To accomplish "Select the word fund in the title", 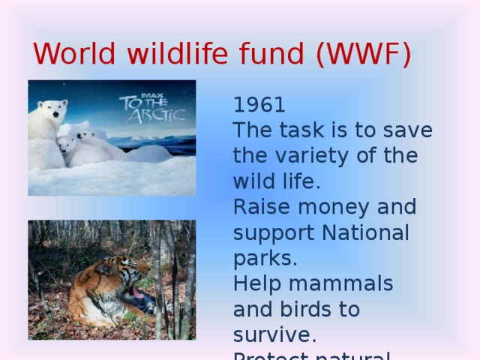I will (x=271, y=55).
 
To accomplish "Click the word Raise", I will (x=258, y=206).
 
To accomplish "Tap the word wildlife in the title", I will (x=170, y=55).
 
